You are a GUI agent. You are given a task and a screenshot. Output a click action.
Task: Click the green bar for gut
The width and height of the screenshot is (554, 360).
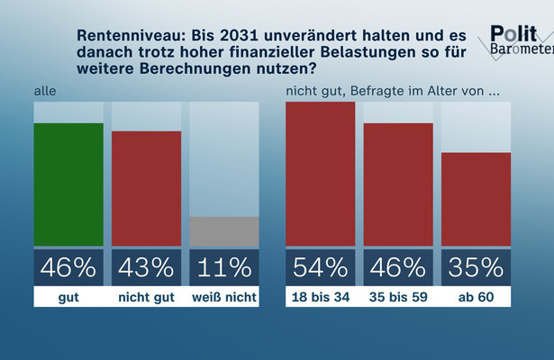coord(68,184)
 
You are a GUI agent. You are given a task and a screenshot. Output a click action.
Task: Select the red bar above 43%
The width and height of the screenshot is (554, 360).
coord(146,188)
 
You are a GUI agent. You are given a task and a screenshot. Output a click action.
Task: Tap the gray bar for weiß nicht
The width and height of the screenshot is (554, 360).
coord(224,231)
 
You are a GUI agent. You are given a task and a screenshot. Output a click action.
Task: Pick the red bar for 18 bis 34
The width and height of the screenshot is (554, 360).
coord(320,174)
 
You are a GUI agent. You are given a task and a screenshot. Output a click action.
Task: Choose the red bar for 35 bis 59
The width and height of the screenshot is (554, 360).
coord(398,184)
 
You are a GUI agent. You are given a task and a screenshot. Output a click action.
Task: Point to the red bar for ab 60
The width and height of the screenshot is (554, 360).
coord(477,199)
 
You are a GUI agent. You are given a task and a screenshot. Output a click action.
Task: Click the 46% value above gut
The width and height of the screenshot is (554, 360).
coord(68,267)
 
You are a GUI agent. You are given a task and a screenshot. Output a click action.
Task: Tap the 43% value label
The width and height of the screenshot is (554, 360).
coord(146,267)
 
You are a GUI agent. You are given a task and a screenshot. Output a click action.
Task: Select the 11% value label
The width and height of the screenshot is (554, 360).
coord(224,267)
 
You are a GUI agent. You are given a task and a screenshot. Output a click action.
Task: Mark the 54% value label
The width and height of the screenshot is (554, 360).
coord(320,267)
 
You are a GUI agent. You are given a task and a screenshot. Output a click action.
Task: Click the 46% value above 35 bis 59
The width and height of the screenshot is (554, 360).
coord(398,267)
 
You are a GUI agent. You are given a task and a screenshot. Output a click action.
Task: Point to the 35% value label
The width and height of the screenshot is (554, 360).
coord(477,267)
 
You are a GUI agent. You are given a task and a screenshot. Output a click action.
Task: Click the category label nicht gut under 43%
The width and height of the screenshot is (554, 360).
coord(146,296)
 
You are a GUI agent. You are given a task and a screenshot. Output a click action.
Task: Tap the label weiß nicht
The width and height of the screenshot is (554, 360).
coord(224,296)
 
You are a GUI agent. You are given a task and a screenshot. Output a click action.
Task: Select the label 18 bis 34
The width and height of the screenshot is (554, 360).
coord(320,296)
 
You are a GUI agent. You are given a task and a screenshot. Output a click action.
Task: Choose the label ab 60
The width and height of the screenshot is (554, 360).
coord(477,296)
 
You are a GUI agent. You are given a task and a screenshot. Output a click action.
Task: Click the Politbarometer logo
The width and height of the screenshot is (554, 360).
coord(521,40)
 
